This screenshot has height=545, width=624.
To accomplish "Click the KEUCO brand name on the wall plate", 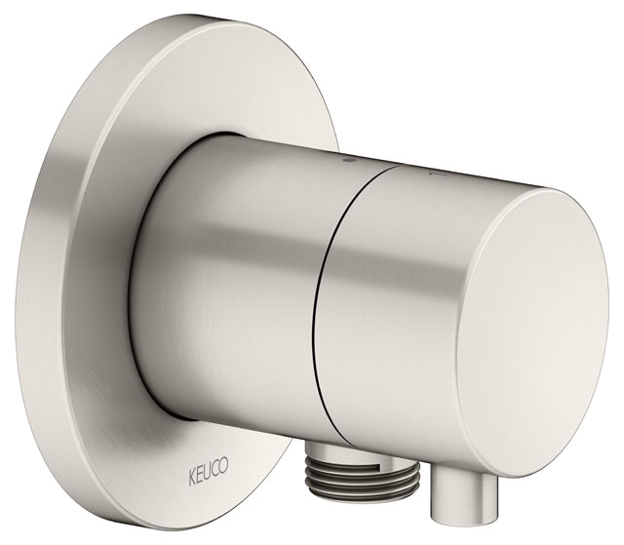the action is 208,467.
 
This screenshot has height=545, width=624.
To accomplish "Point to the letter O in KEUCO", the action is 223,465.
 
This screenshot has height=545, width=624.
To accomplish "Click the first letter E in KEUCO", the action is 199,468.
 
